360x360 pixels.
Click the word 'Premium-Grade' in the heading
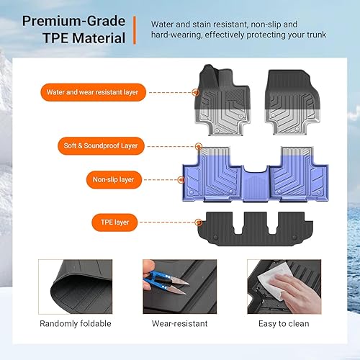[71, 20]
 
